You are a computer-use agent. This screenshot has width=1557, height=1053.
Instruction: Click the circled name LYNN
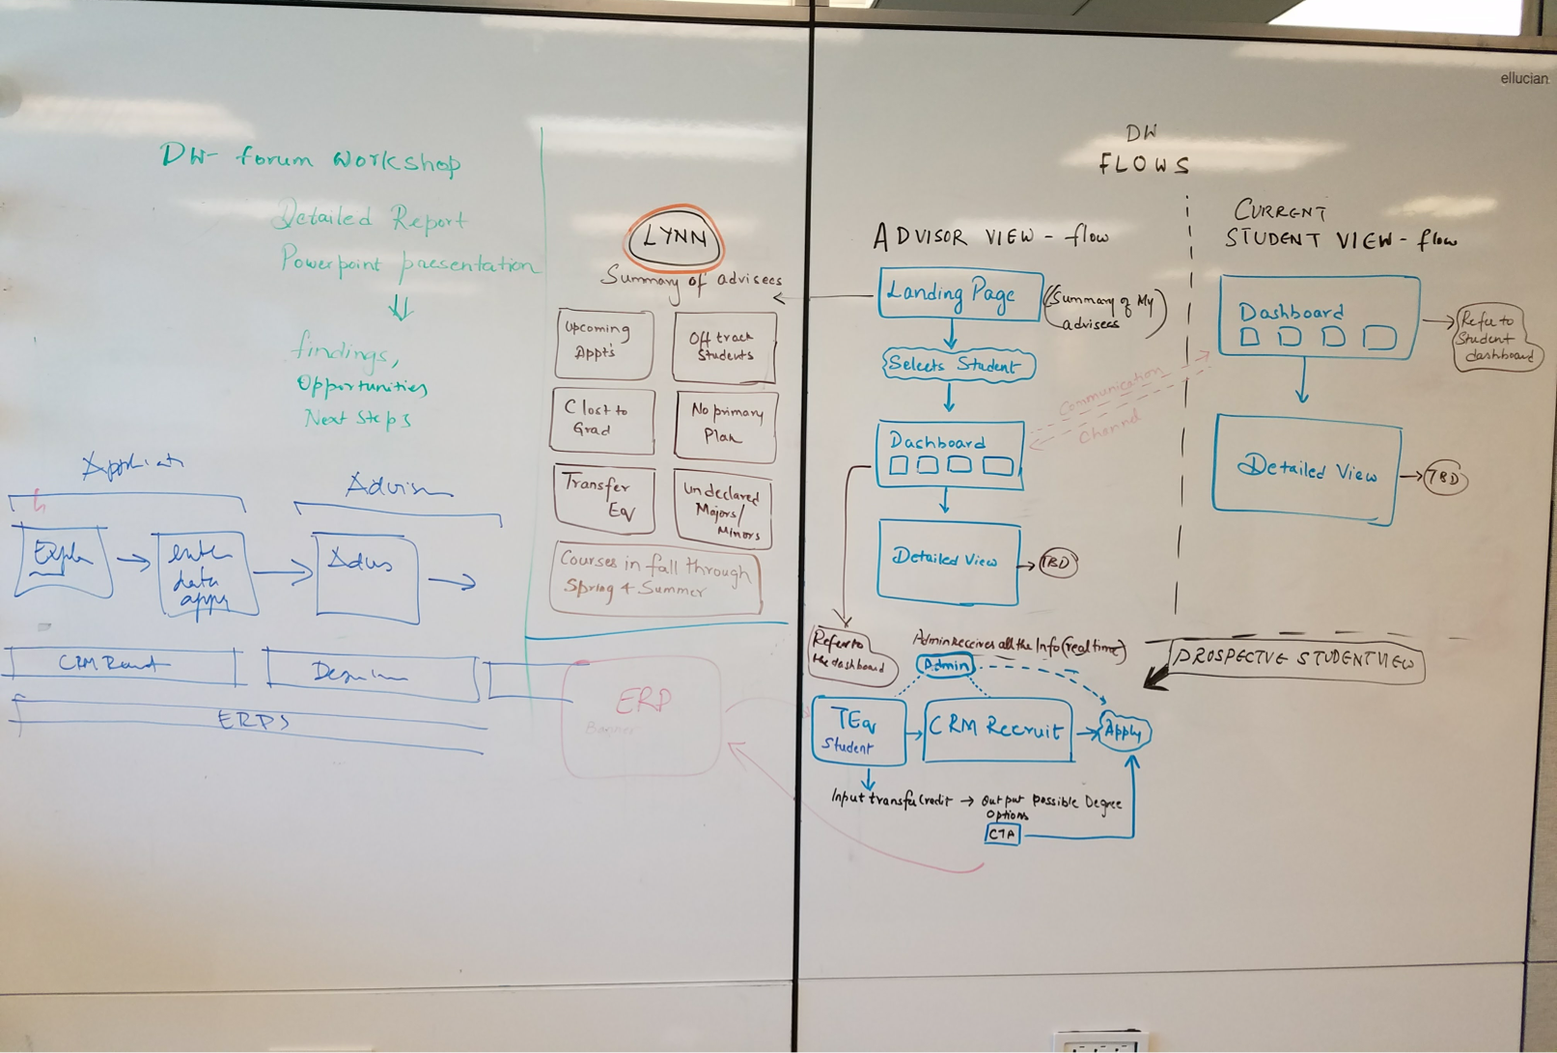pos(675,237)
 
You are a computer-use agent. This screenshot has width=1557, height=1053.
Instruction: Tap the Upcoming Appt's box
pos(603,342)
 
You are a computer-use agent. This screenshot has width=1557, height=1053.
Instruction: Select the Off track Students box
pos(724,346)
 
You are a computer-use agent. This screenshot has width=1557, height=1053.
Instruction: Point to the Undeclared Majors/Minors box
pos(723,509)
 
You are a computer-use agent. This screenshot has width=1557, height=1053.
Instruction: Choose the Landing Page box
pos(959,292)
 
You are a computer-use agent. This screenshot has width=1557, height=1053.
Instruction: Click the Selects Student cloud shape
pos(957,365)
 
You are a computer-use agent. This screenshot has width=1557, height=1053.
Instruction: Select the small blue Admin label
pos(945,665)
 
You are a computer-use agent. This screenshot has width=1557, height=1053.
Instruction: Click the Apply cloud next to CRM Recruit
pos(1124,732)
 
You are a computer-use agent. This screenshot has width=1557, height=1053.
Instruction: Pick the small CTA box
pos(1002,833)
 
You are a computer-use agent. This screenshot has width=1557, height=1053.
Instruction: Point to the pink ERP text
pos(642,701)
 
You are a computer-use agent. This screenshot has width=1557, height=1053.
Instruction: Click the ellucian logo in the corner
pos(1523,78)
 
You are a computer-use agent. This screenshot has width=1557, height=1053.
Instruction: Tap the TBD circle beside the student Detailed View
pos(1444,478)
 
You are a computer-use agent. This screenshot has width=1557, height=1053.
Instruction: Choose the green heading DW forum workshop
pos(310,158)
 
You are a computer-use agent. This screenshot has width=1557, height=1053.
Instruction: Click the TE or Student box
pos(857,731)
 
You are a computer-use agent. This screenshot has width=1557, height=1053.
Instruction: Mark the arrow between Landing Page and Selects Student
pos(951,334)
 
